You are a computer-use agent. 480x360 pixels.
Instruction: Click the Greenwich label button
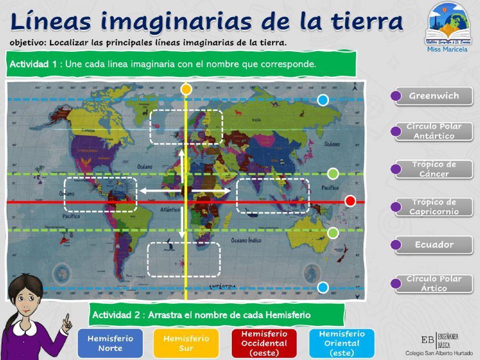click(434, 96)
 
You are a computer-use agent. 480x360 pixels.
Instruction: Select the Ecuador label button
click(434, 245)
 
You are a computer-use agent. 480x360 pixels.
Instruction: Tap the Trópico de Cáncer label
click(434, 169)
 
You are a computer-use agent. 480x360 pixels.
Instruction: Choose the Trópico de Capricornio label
click(434, 207)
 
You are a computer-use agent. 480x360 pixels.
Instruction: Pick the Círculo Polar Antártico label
click(434, 131)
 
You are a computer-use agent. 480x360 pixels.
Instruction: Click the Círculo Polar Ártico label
click(434, 284)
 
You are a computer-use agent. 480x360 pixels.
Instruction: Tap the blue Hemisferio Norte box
click(110, 343)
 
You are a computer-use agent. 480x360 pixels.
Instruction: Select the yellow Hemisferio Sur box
click(186, 343)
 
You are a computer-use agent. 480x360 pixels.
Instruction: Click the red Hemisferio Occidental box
click(264, 343)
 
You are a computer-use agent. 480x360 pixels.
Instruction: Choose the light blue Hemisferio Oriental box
click(342, 343)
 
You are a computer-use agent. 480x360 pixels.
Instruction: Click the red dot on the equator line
click(350, 201)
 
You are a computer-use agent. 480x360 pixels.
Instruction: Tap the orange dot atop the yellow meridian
click(186, 89)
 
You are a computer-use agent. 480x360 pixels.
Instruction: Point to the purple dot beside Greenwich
click(396, 96)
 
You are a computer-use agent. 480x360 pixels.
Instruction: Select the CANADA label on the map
click(87, 130)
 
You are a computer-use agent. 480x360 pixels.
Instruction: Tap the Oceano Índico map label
click(249, 240)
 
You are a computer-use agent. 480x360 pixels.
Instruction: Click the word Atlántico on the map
click(170, 210)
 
